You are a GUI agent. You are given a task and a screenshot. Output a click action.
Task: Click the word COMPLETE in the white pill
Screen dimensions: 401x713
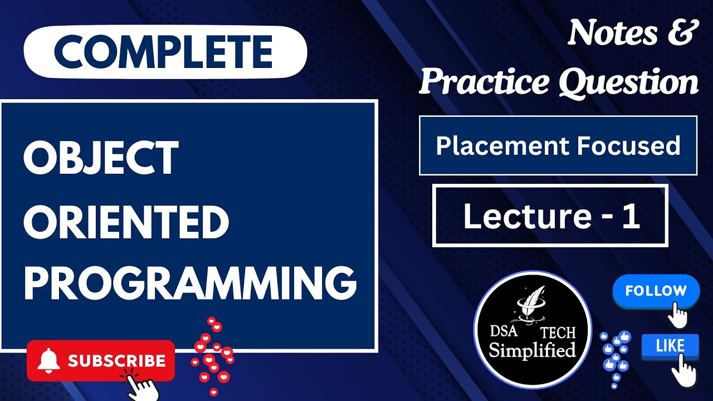(x=164, y=52)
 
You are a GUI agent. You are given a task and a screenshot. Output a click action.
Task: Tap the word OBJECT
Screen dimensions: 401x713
(x=101, y=157)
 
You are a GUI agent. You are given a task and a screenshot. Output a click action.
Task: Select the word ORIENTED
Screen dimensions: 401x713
(x=126, y=221)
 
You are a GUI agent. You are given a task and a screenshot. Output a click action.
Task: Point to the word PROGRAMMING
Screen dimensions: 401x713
(x=189, y=285)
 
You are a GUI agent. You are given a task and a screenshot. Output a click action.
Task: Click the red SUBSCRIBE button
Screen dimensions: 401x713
(x=101, y=361)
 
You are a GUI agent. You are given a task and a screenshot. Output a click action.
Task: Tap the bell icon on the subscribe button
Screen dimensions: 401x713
(x=48, y=361)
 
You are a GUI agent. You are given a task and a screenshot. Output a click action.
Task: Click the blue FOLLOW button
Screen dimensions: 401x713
(x=656, y=291)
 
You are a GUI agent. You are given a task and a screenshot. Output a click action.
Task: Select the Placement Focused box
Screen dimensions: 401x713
(x=558, y=146)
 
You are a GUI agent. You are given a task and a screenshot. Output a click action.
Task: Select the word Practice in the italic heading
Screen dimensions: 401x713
(x=484, y=82)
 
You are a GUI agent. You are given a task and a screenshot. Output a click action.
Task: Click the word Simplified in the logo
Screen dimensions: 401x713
(x=532, y=350)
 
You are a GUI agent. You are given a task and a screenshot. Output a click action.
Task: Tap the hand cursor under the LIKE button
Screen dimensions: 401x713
(x=683, y=370)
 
